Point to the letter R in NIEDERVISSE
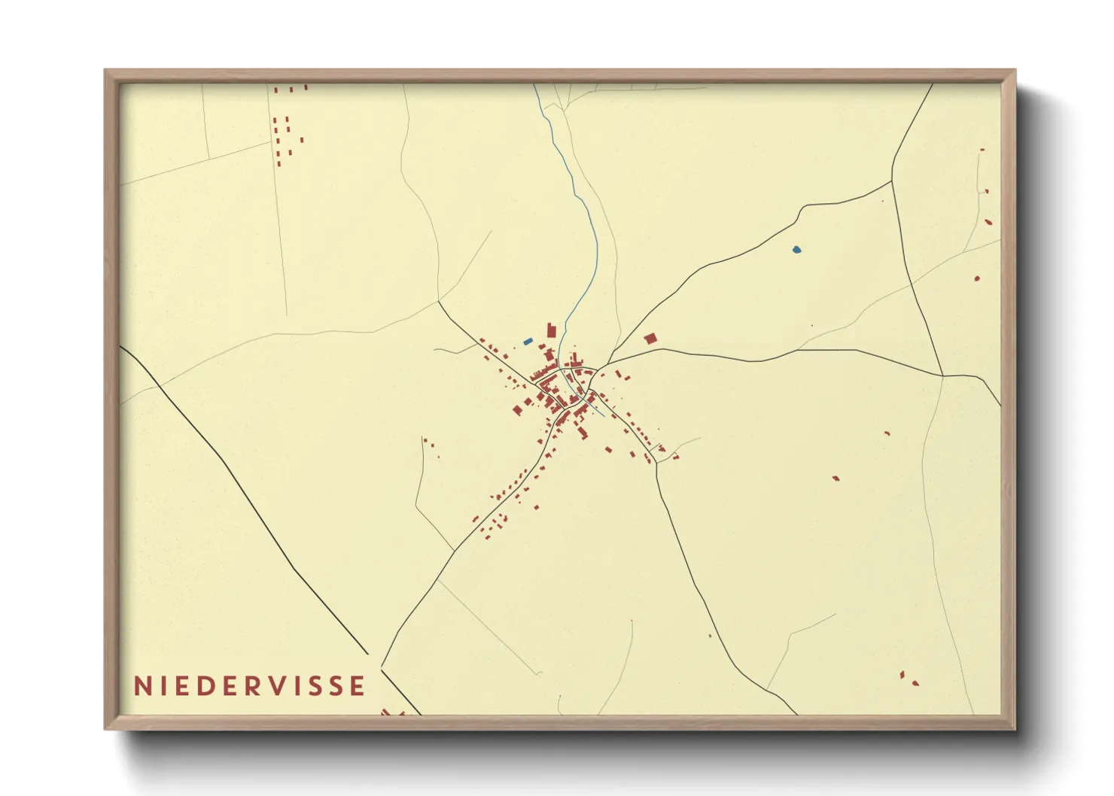[x=260, y=685]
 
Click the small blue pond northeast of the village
[x=796, y=249]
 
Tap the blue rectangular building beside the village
[x=528, y=342]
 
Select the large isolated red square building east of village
[x=650, y=339]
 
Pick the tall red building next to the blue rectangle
[x=551, y=330]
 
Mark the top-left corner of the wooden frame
[x=106, y=71]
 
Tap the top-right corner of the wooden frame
[x=1014, y=71]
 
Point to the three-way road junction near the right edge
[x=942, y=375]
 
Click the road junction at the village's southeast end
[x=656, y=461]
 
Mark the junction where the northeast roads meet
[x=892, y=181]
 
